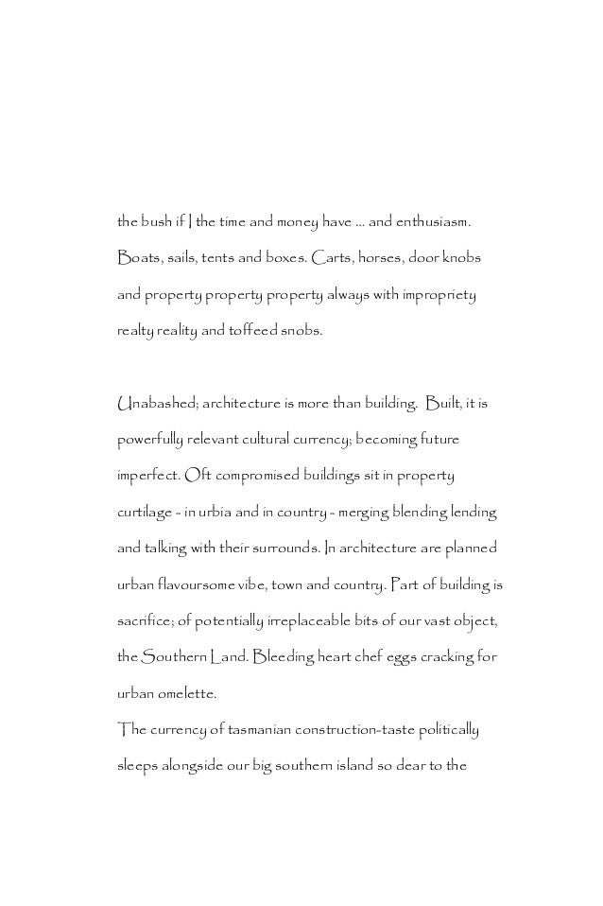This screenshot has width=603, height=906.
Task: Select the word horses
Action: pos(377,259)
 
